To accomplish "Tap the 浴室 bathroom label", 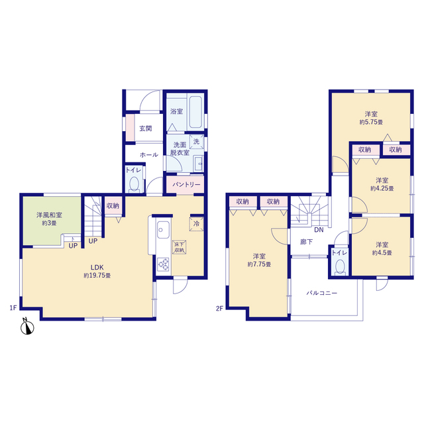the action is [177, 111].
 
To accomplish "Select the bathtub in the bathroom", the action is [195, 112].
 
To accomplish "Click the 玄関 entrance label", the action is [146, 129].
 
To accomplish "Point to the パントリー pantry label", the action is [186, 184].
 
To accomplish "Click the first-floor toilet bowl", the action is [134, 184].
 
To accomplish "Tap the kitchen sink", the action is [163, 230].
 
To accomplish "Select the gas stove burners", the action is [164, 264].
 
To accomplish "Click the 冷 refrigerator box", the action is [196, 224].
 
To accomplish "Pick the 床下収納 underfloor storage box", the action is [180, 247].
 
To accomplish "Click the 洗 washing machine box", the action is [196, 141].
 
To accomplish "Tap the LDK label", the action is [97, 268].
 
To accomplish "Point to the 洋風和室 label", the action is [49, 215].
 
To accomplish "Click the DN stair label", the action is [319, 230].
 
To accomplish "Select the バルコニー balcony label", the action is [322, 293].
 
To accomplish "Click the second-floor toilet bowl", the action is [340, 266].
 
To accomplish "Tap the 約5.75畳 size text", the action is [371, 122].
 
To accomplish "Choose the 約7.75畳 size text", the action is [259, 264].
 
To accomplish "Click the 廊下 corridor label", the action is [306, 242].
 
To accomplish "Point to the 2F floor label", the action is [219, 308].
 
